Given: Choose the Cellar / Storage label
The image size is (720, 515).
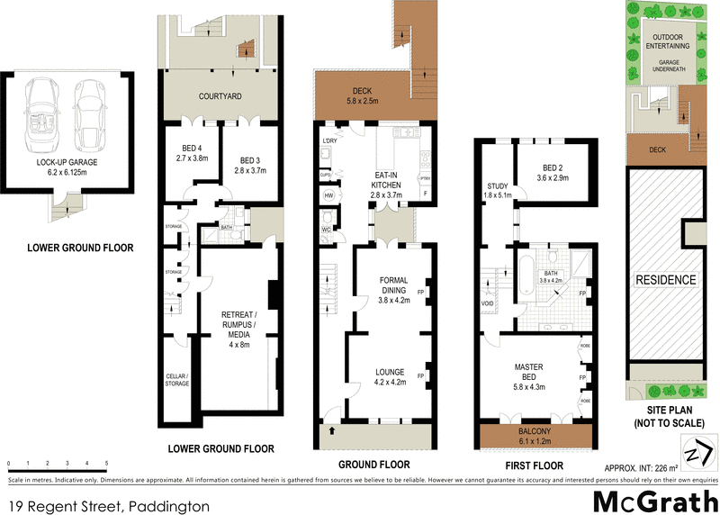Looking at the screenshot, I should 177,380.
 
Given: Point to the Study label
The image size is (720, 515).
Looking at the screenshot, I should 497,188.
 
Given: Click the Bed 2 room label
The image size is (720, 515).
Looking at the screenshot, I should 553,173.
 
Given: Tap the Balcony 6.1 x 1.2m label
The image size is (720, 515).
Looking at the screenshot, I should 536,438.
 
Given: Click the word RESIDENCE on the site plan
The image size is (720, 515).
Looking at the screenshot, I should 666,280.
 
